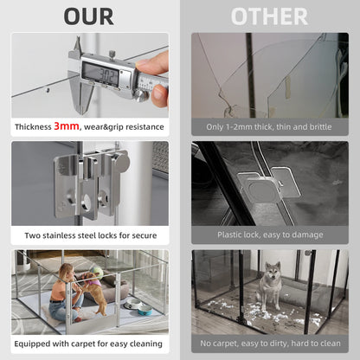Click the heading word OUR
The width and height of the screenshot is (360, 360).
coord(89,16)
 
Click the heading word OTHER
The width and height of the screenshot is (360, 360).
coord(269,16)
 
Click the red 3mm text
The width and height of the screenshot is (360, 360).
coord(67,126)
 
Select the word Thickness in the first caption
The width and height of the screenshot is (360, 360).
coord(34,126)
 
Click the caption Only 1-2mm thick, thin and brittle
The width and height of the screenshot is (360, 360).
coord(269,126)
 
